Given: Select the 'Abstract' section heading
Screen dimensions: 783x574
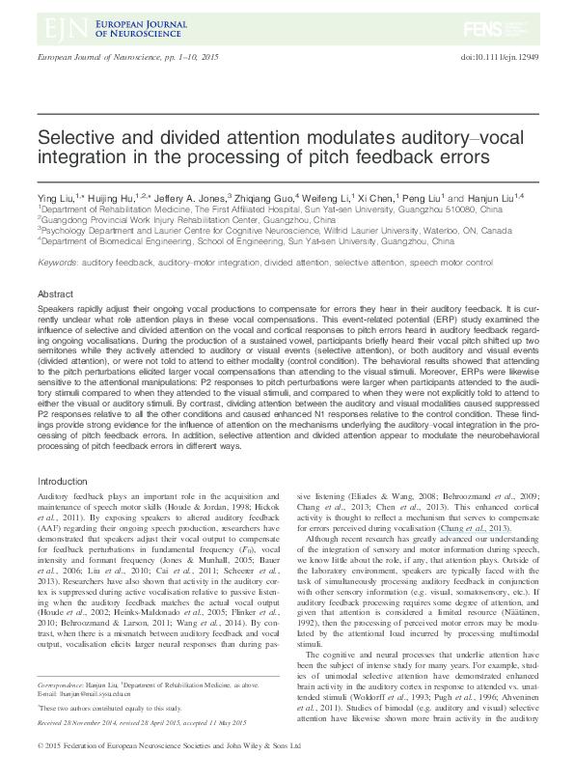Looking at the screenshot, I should click(x=56, y=294).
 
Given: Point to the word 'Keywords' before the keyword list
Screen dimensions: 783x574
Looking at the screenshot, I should click(x=58, y=263).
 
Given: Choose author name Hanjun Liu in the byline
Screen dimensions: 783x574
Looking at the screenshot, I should click(x=451, y=196).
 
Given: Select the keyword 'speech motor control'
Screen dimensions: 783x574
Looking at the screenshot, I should click(x=462, y=263).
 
